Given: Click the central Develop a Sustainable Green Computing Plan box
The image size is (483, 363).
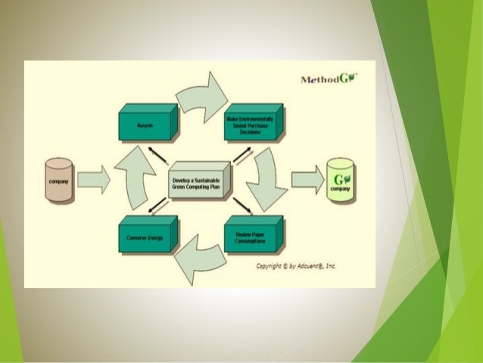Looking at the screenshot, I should [x=198, y=180].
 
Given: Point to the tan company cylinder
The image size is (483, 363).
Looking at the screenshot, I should [x=58, y=180].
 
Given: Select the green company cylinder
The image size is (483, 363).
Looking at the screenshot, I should [x=341, y=180].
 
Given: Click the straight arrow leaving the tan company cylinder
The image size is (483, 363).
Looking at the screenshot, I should [x=94, y=180].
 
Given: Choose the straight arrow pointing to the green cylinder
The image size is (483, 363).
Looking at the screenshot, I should [x=307, y=180].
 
